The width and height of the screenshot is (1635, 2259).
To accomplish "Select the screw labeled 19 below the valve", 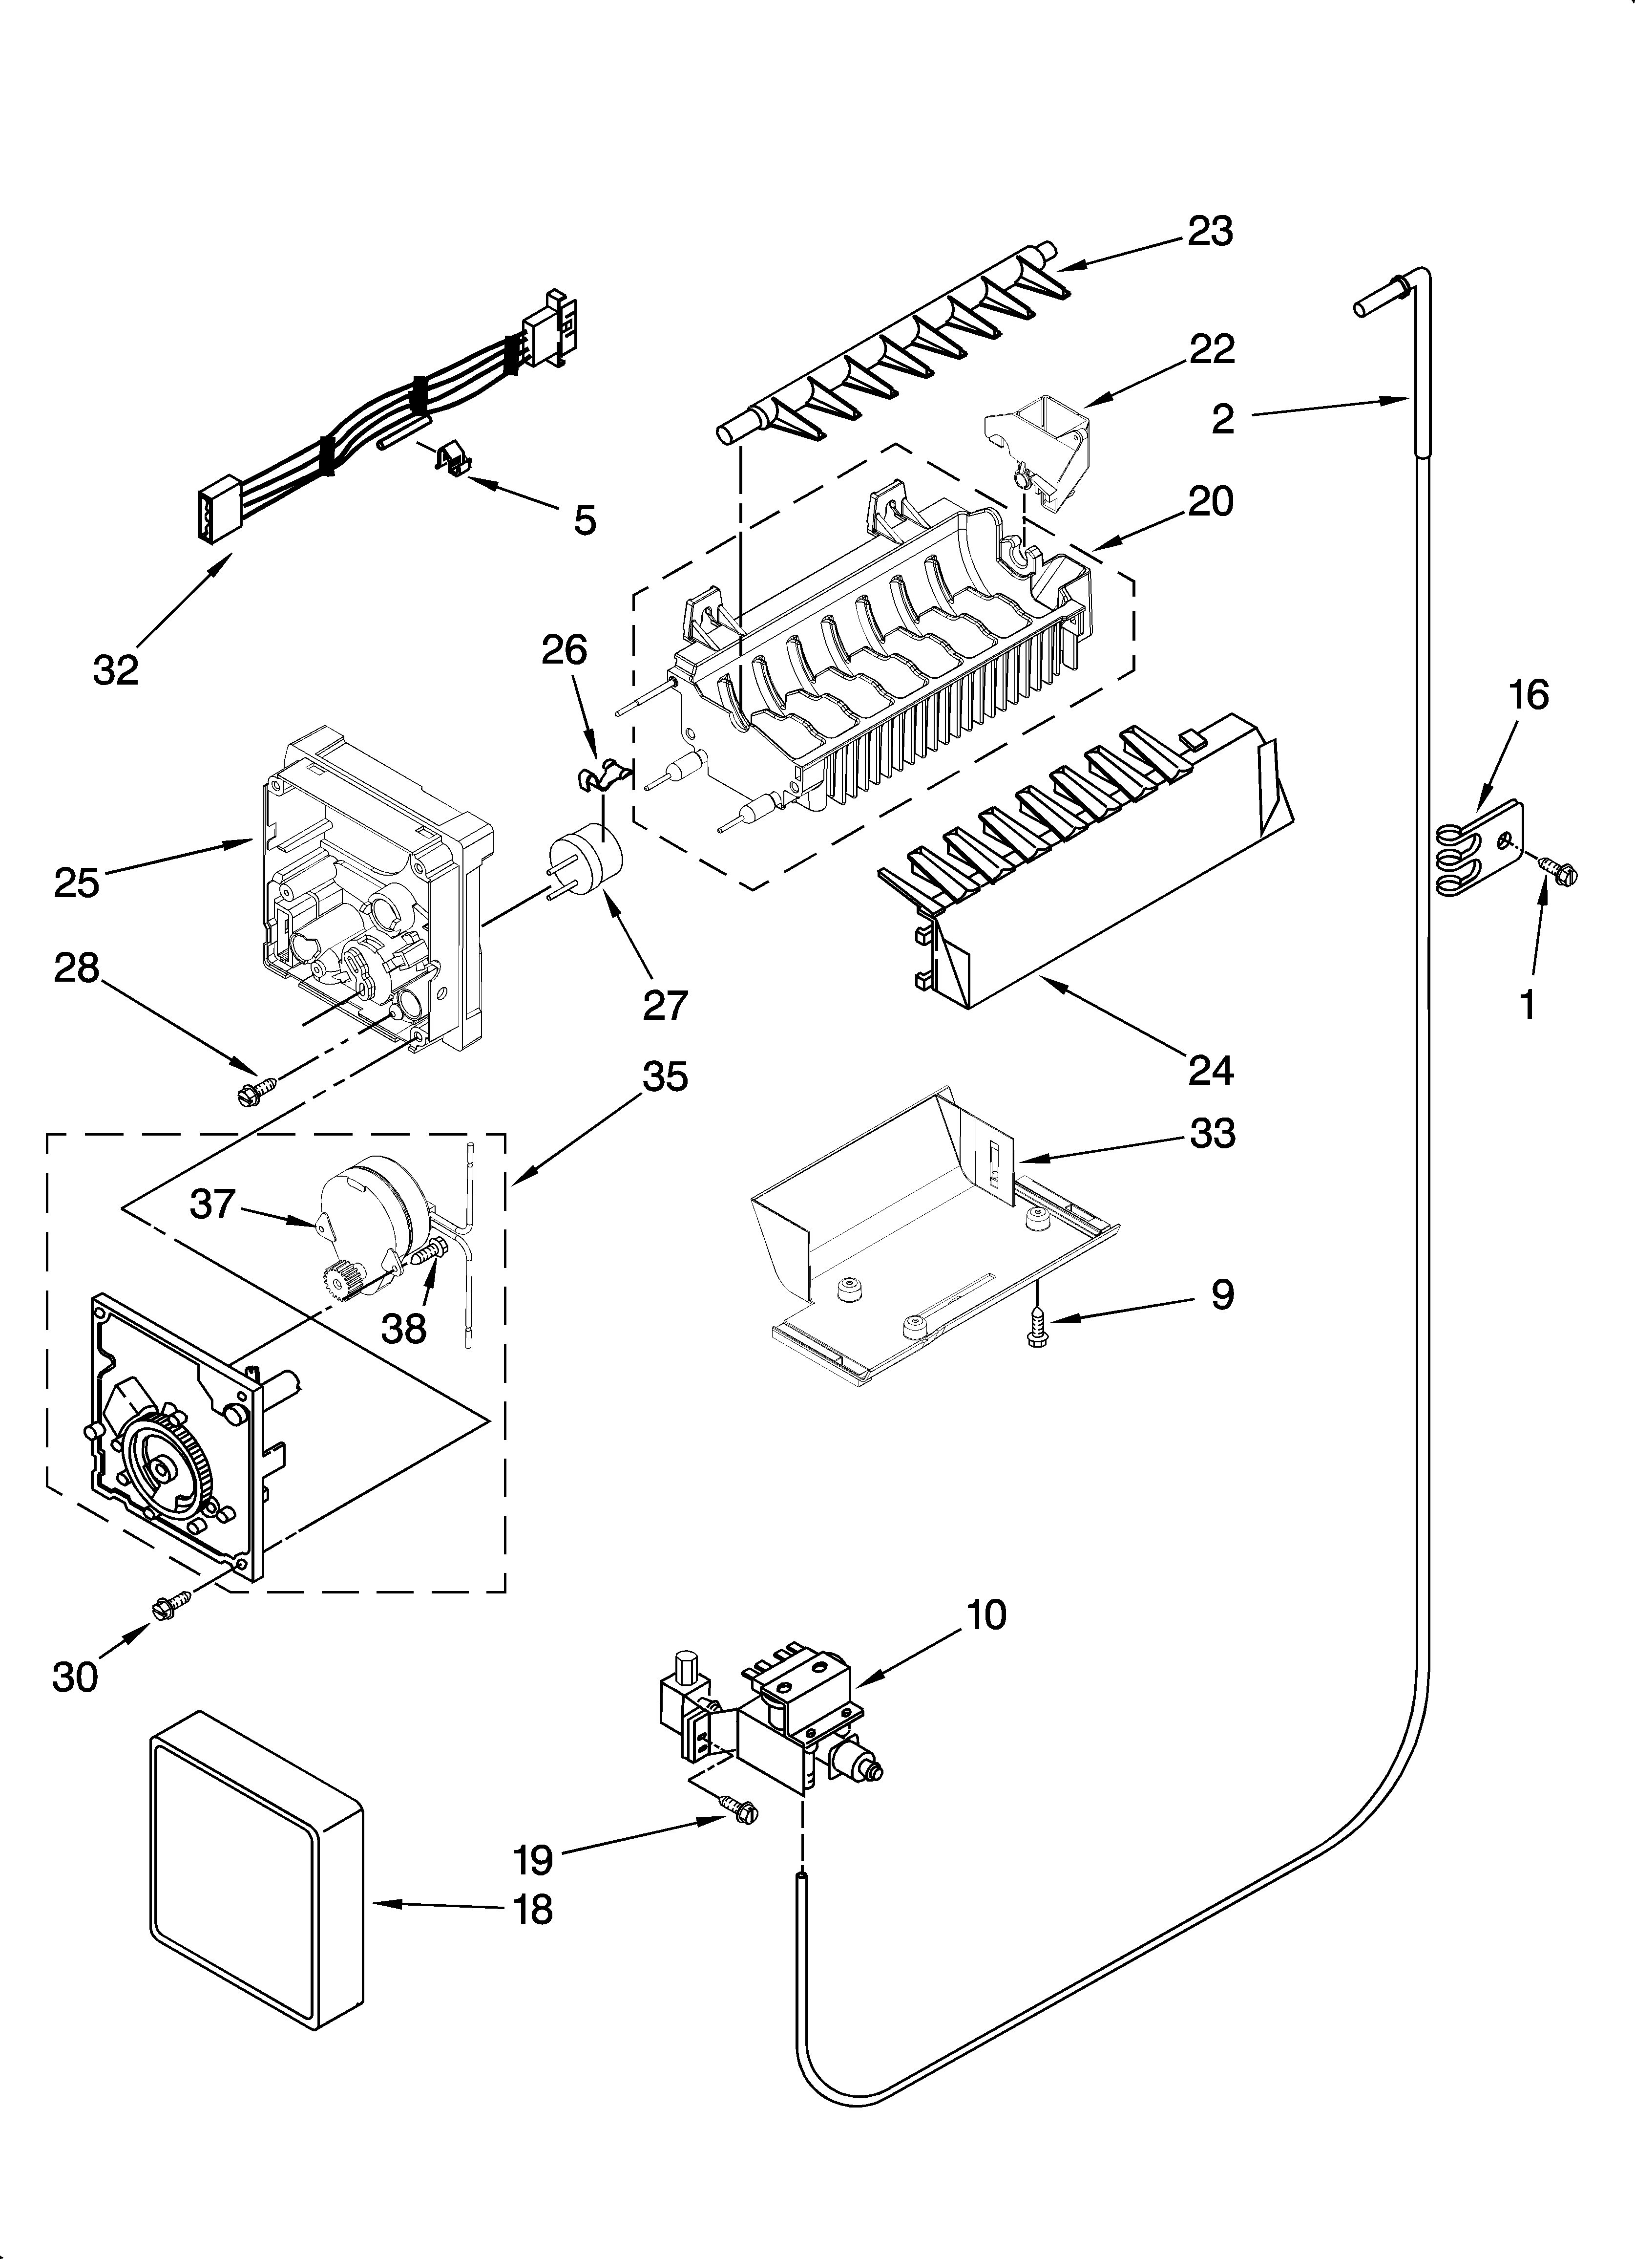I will point(738,1809).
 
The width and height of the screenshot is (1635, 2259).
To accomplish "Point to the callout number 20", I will point(1210,501).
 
